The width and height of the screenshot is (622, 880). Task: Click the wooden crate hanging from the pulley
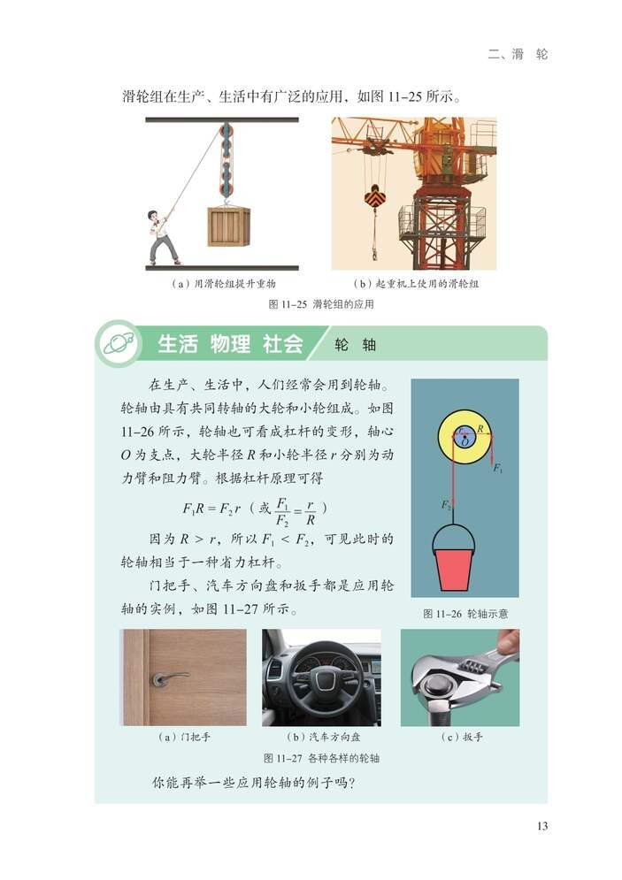[228, 226]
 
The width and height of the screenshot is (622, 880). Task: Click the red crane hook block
[373, 200]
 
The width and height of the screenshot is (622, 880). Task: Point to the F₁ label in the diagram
[497, 468]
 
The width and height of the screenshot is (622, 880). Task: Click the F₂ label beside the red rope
[446, 504]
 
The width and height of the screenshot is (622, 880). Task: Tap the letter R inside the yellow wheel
[479, 428]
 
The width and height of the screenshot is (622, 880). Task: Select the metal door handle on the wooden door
[167, 679]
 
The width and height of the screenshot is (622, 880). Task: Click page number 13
[541, 826]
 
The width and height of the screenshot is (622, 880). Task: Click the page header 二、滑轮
[518, 54]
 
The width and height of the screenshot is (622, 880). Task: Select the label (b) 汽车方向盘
[322, 737]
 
